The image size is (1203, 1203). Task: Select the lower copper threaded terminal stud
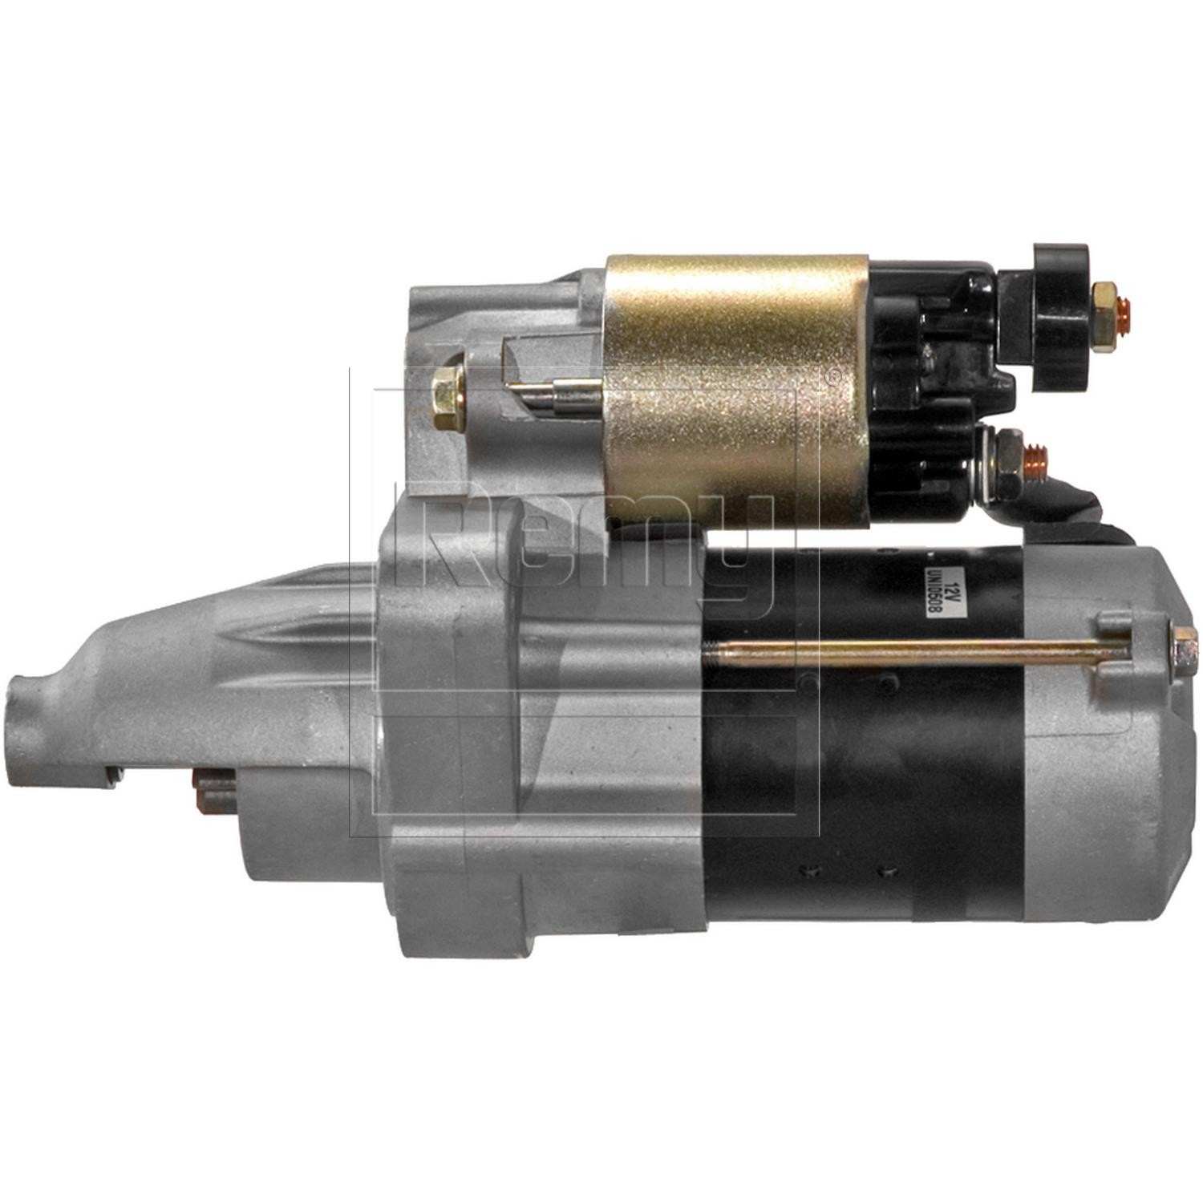click(x=1035, y=457)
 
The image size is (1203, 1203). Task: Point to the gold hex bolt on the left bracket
click(x=445, y=392)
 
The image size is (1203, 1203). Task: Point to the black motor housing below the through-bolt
click(x=866, y=802)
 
